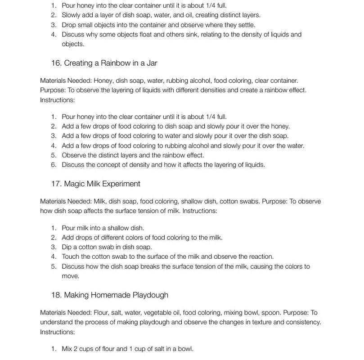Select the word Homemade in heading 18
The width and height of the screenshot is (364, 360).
tap(111, 295)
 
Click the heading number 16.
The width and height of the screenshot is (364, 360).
tap(56, 63)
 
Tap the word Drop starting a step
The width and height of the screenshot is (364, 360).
tap(69, 25)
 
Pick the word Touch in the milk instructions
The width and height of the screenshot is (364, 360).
tap(71, 257)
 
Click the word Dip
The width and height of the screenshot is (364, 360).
tap(67, 247)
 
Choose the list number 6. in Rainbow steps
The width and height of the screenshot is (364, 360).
tap(54, 165)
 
